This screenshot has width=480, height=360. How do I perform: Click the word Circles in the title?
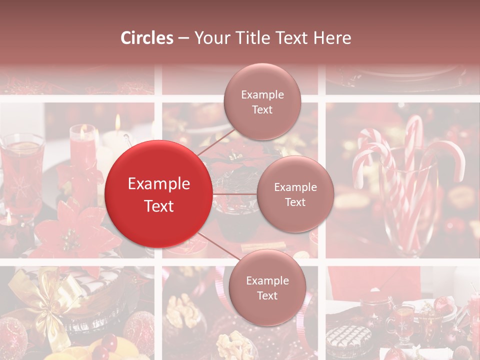click(147, 38)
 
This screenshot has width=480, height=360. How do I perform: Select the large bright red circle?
click(158, 194)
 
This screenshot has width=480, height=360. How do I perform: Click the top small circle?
click(262, 101)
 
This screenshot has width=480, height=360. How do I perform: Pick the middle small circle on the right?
click(295, 194)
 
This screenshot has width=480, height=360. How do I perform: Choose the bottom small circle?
click(267, 287)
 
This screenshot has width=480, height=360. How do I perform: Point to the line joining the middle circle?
click(234, 193)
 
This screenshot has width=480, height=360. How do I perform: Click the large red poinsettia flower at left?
click(75, 230)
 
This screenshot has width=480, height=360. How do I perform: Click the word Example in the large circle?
click(158, 184)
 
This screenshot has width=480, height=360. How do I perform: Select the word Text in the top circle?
click(262, 109)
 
